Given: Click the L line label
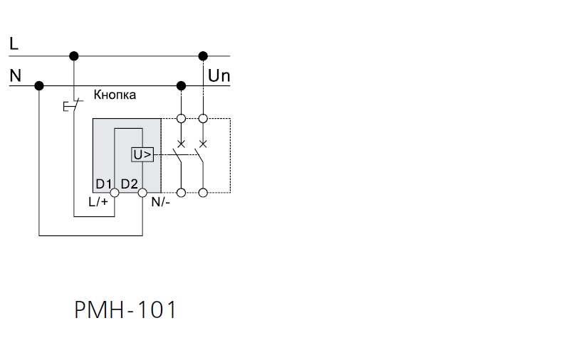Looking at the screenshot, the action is pyautogui.click(x=14, y=43).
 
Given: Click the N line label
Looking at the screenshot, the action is pyautogui.click(x=15, y=75).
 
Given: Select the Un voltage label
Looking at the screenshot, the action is pyautogui.click(x=219, y=75).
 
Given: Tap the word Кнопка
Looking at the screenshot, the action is pyautogui.click(x=115, y=95).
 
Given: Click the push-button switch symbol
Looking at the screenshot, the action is pyautogui.click(x=73, y=106).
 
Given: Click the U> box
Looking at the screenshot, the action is pyautogui.click(x=142, y=155).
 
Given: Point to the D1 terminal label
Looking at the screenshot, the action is pyautogui.click(x=104, y=184).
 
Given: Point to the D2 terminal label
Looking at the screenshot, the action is pyautogui.click(x=130, y=184).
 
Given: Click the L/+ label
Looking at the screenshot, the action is pyautogui.click(x=98, y=202).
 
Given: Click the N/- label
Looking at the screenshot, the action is pyautogui.click(x=161, y=202).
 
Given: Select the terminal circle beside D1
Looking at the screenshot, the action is pyautogui.click(x=115, y=193).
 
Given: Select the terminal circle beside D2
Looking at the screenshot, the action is pyautogui.click(x=142, y=193).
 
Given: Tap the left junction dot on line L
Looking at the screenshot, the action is pyautogui.click(x=74, y=56).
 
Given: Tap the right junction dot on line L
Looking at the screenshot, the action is pyautogui.click(x=203, y=56).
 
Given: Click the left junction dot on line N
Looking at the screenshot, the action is pyautogui.click(x=39, y=86).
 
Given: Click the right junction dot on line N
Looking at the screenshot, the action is pyautogui.click(x=181, y=86).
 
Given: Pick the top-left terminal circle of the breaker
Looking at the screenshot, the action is pyautogui.click(x=181, y=119).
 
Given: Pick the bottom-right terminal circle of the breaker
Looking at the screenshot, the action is pyautogui.click(x=203, y=193).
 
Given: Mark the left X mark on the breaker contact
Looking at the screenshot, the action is pyautogui.click(x=181, y=144).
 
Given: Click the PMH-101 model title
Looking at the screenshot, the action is pyautogui.click(x=125, y=309).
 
